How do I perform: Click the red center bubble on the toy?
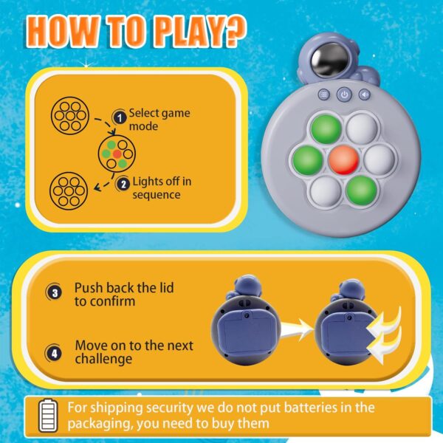point(343,160)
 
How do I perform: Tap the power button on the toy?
point(344,95)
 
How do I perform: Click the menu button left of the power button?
point(324,95)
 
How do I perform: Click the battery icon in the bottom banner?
point(48,415)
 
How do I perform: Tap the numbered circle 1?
point(120,117)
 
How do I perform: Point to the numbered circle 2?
point(123,184)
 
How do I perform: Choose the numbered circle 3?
point(54,292)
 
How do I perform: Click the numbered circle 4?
point(54,353)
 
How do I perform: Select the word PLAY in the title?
point(189,32)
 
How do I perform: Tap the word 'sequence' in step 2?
point(157,195)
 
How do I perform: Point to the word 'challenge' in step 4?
point(103,360)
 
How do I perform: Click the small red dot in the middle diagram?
point(117,154)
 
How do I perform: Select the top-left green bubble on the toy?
point(326,129)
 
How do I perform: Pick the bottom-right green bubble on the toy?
point(361,190)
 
